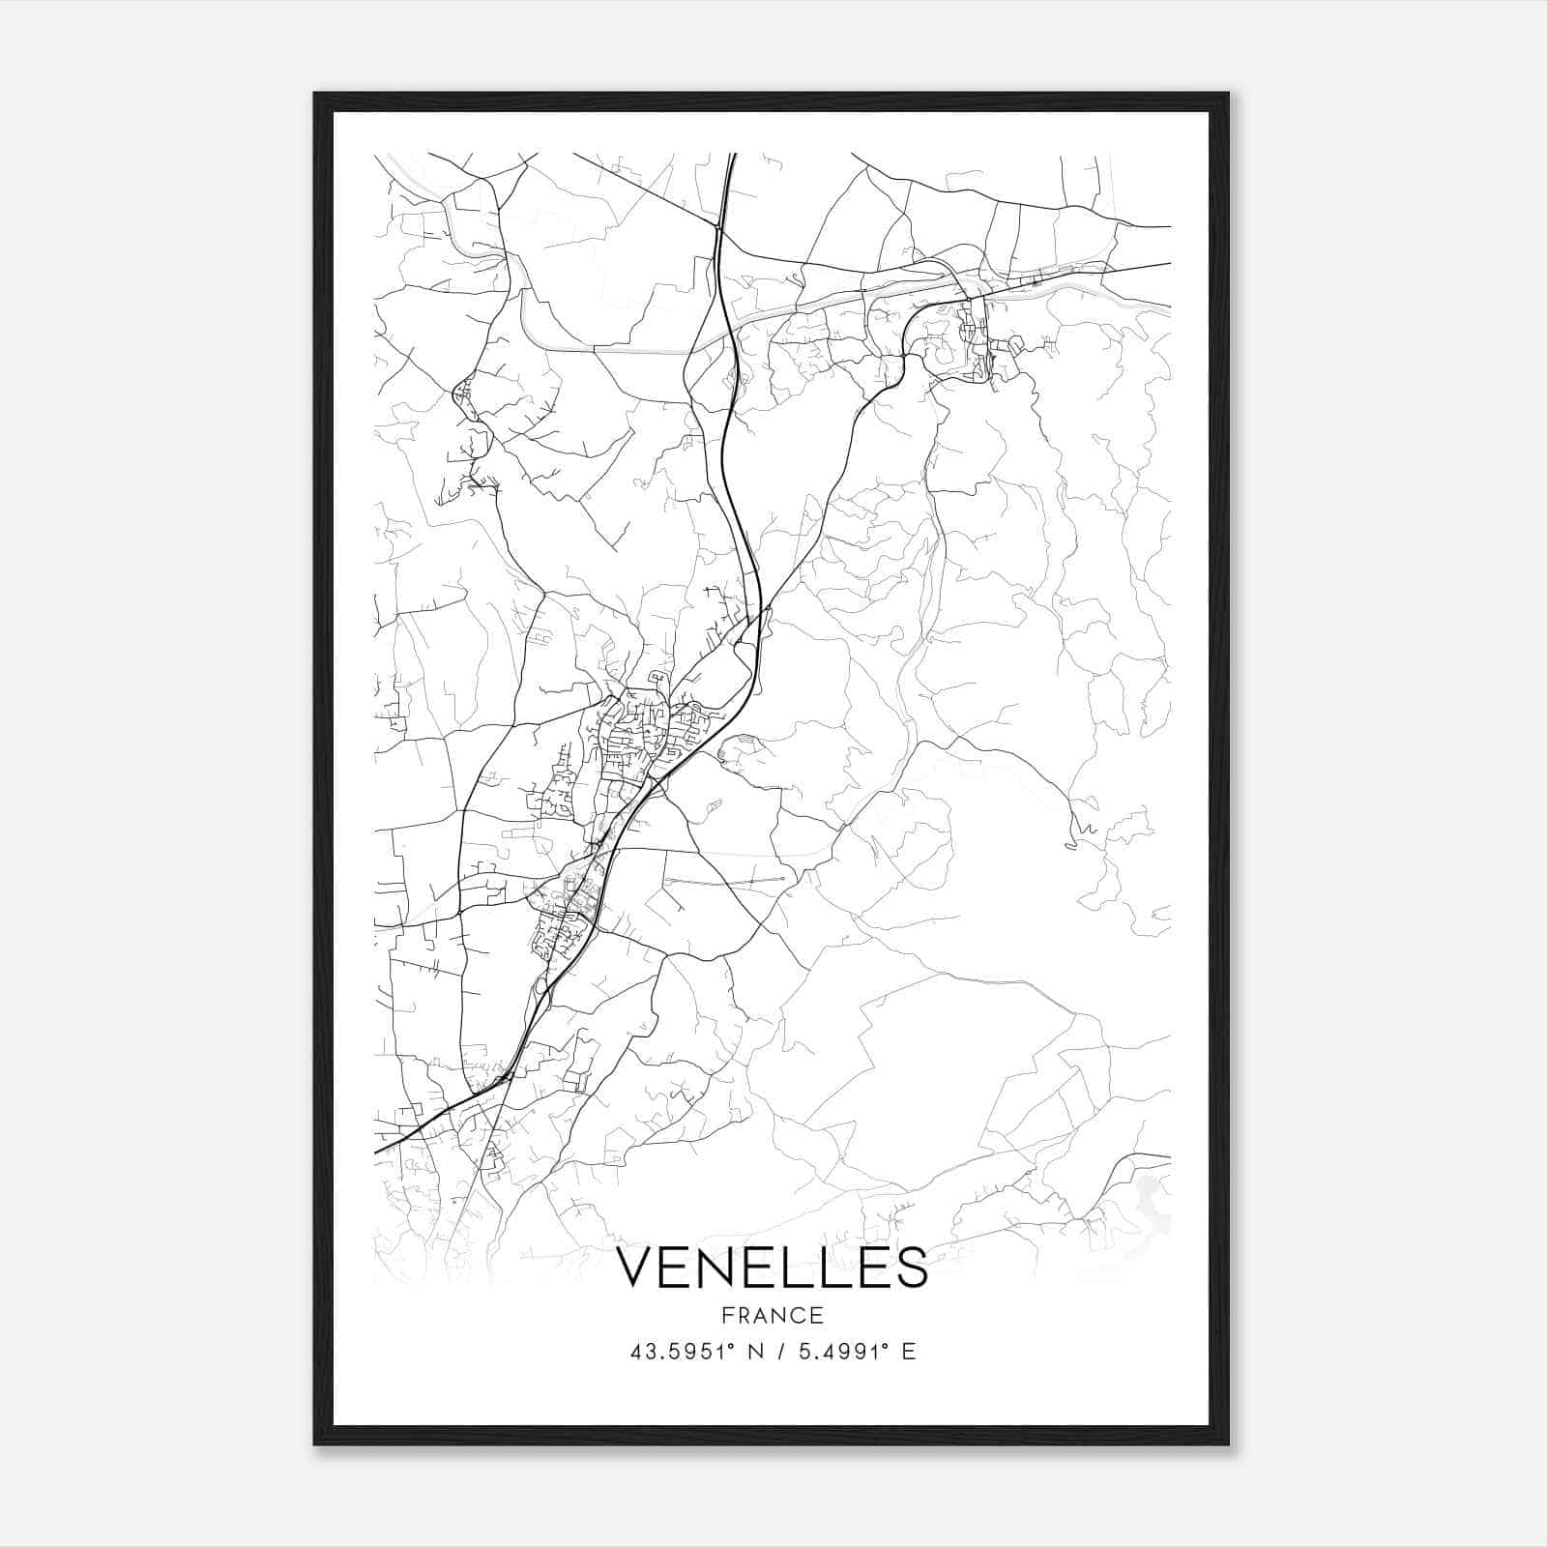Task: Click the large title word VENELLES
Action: coord(772,1267)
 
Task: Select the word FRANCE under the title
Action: coord(772,1316)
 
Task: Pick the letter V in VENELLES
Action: coord(636,1267)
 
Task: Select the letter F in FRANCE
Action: coord(726,1316)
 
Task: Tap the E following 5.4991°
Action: coord(908,1352)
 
